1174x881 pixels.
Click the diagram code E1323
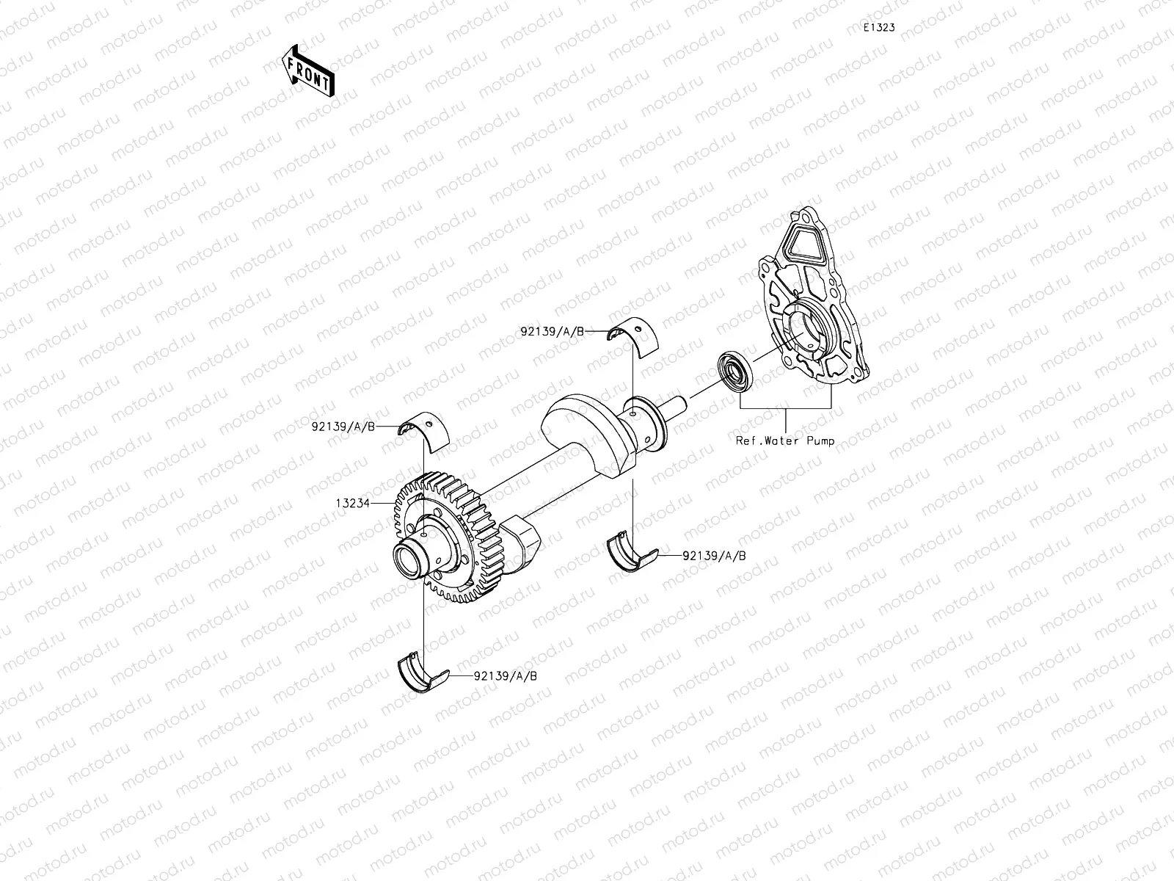878,28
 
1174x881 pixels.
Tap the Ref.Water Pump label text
785,441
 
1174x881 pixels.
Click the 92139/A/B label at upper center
553,332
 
